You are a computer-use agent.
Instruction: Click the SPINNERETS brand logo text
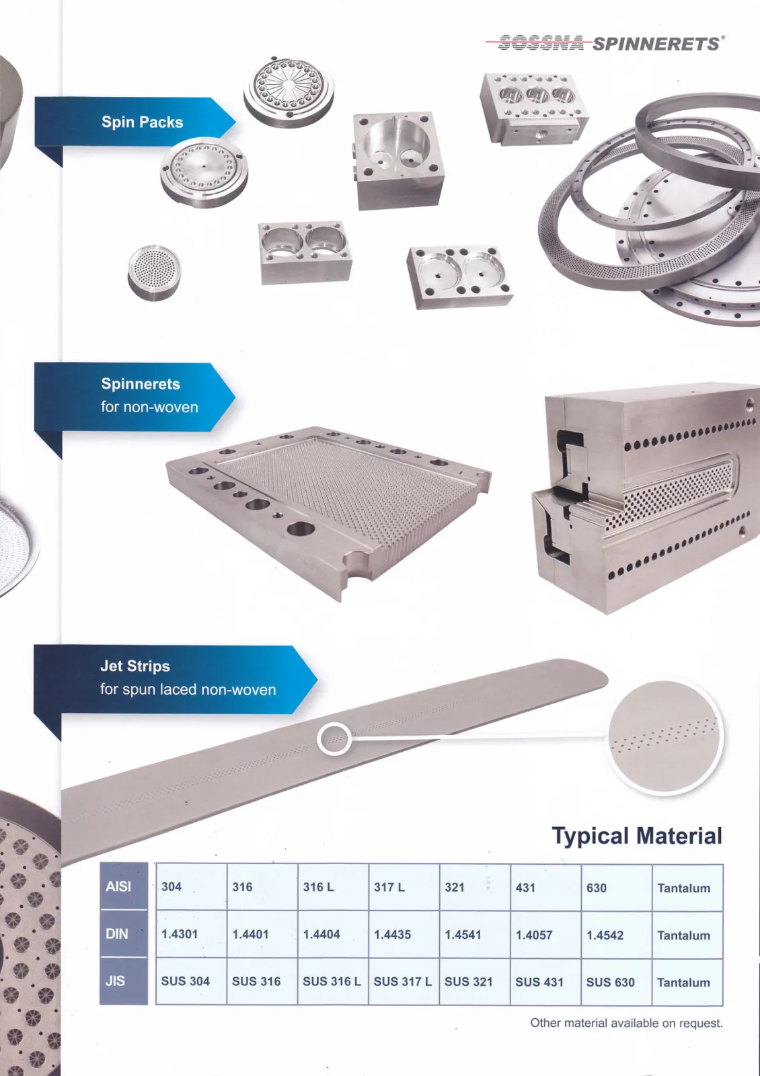click(656, 44)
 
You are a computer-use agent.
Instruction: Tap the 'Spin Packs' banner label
click(142, 122)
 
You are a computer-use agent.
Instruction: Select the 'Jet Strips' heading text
click(135, 666)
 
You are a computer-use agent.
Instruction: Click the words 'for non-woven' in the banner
click(149, 408)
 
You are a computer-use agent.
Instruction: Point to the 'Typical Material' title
click(636, 836)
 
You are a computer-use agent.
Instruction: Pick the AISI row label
click(118, 887)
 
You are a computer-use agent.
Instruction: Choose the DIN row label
click(117, 934)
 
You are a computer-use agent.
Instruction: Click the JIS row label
click(115, 981)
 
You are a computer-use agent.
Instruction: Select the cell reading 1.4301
click(180, 934)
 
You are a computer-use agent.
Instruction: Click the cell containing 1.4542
click(605, 935)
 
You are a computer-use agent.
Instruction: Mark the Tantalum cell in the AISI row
click(683, 888)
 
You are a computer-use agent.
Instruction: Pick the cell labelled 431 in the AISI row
click(525, 888)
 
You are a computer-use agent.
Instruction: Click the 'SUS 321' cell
click(468, 982)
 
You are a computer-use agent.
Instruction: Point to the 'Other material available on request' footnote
click(626, 1024)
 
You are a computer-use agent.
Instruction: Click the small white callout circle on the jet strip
click(334, 739)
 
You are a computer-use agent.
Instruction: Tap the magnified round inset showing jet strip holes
click(664, 738)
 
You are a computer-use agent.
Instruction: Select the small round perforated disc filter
click(154, 272)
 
